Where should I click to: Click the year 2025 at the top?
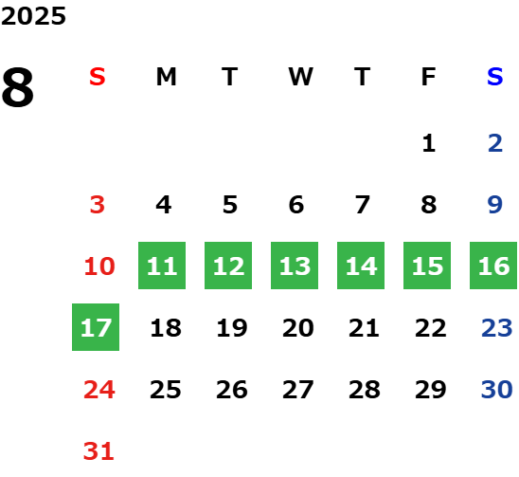(x=33, y=16)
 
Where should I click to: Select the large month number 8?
(x=18, y=87)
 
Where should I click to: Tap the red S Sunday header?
(x=98, y=77)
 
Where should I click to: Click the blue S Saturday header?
(x=495, y=77)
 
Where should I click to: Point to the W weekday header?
(x=300, y=77)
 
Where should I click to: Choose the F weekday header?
(x=429, y=77)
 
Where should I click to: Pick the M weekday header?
(x=166, y=77)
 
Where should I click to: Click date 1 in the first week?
(x=429, y=143)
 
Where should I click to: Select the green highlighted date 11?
(x=162, y=266)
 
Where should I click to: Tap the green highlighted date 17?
(x=96, y=327)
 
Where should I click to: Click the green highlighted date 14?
(x=361, y=266)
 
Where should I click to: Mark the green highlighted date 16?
(x=493, y=266)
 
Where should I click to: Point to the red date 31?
(x=98, y=451)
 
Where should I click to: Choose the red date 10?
(x=99, y=266)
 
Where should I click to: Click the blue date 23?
(x=497, y=328)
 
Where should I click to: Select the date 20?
(x=298, y=328)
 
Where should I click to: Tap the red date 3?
(x=98, y=205)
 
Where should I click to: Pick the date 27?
(x=298, y=390)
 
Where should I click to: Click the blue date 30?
(x=497, y=390)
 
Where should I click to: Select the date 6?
(x=296, y=205)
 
